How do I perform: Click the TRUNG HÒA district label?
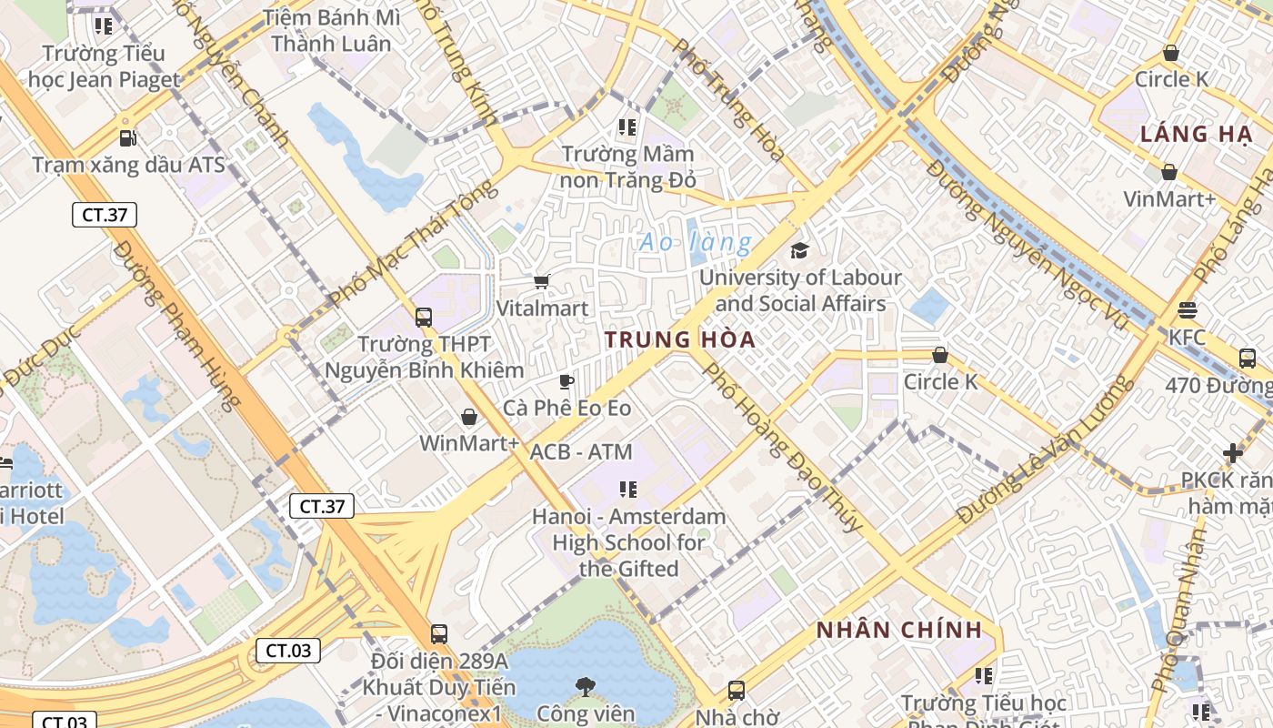tap(680, 340)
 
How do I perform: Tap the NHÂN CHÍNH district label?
tap(898, 630)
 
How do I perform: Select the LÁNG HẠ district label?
tap(1196, 135)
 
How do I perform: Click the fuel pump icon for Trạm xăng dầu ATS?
tap(128, 138)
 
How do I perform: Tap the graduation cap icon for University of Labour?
tap(799, 250)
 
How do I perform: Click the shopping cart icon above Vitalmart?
tap(542, 282)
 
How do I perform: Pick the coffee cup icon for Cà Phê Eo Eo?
tap(566, 381)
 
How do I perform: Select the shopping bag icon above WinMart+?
tap(469, 417)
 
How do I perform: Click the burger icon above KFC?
tap(1187, 310)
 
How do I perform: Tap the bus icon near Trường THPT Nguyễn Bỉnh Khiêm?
tap(424, 317)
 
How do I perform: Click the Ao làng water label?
tap(696, 243)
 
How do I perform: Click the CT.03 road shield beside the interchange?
tap(288, 651)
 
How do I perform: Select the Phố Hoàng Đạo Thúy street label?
tap(782, 447)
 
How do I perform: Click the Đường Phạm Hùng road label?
tap(178, 324)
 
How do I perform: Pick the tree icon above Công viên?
tap(586, 685)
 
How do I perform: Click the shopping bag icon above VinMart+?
tap(1169, 172)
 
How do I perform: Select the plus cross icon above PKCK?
tap(1233, 452)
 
